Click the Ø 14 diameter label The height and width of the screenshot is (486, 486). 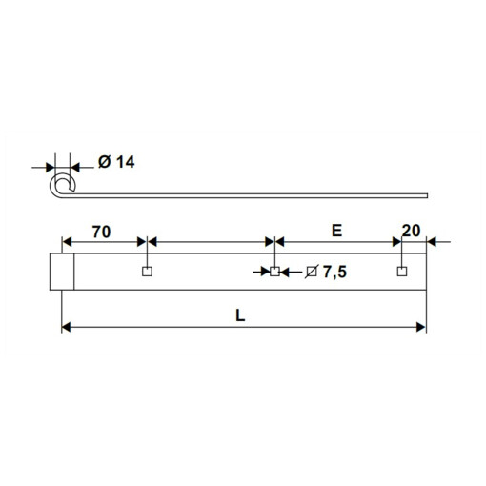[x=116, y=162]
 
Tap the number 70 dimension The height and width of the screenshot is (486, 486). [x=101, y=232]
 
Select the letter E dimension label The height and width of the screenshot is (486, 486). [x=336, y=231]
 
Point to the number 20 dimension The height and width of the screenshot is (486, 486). [x=411, y=231]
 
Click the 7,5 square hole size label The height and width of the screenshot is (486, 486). [x=334, y=272]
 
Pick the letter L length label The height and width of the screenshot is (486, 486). [x=240, y=315]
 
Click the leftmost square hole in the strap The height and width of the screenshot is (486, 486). [x=147, y=272]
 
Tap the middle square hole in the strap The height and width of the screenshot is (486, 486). [x=274, y=272]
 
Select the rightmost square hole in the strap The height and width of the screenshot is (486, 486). [x=402, y=272]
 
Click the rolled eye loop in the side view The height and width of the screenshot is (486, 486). [x=51, y=186]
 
